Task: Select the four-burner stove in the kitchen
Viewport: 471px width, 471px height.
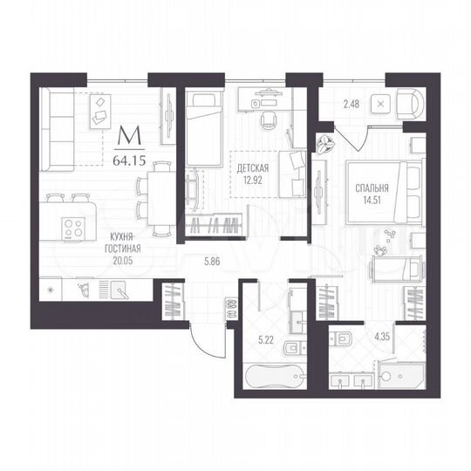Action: point(73,230)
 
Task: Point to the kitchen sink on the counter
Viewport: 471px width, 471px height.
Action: point(115,288)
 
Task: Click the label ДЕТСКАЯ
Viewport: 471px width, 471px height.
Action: point(253,168)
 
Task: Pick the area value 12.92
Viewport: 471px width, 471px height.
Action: point(253,181)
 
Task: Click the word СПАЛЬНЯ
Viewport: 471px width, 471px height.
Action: point(372,187)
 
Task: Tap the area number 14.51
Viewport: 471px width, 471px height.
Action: point(372,198)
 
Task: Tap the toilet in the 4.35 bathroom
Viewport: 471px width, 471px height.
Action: point(343,339)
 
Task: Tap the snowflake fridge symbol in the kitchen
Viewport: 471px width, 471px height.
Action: point(49,289)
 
